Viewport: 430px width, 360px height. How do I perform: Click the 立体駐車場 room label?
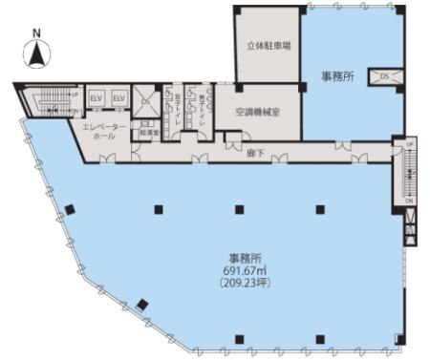268,45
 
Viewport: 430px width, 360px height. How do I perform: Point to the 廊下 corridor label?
255,152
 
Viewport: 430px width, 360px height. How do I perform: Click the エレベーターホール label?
100,131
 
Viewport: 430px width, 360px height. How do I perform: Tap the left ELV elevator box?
97,98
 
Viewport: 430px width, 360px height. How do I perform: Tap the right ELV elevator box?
119,98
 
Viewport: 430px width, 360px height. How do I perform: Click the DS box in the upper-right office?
384,75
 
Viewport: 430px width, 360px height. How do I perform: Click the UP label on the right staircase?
410,143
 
